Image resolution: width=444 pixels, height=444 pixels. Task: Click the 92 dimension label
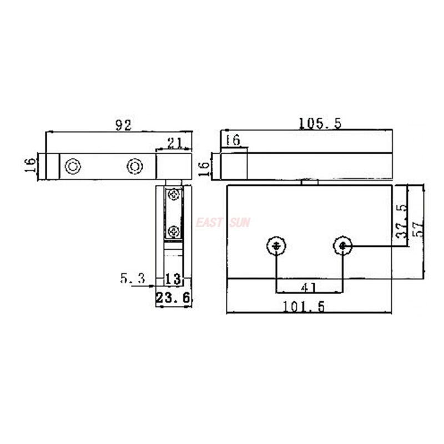(123, 125)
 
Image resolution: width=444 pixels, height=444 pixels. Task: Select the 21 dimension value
(174, 143)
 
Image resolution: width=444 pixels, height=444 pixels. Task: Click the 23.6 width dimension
(173, 298)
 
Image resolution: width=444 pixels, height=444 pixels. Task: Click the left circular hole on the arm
(73, 166)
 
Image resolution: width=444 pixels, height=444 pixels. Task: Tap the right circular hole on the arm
(134, 166)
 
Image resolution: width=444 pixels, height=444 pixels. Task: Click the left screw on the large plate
(276, 245)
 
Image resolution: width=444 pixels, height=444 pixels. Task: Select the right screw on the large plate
(344, 245)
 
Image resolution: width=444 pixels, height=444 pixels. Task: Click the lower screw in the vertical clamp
(174, 230)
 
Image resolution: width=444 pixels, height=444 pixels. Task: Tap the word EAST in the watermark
(209, 223)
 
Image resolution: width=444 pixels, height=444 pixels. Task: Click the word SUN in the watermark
(241, 223)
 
